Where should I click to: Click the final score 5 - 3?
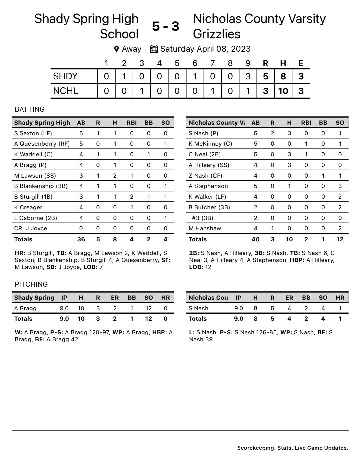pos(166,26)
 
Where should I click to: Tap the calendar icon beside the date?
pos(154,49)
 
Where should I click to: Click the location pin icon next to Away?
pos(116,49)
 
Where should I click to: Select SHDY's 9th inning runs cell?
pos(248,76)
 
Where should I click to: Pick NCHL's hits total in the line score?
pos(283,91)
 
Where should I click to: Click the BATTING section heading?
pos(30,109)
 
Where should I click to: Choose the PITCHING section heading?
pos(31,284)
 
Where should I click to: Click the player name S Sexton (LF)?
pos(33,133)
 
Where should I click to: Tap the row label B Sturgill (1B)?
pos(33,197)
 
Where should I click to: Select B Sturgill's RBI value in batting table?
pos(132,197)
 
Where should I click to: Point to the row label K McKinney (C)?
pos(210,144)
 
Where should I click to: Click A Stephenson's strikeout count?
pos(340,186)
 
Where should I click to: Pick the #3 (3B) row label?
pos(202,218)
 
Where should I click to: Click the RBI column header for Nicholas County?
pos(306,123)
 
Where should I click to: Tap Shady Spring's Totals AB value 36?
pos(81,239)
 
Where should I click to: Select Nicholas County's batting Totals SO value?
pos(340,239)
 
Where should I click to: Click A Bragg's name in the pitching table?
pos(25,308)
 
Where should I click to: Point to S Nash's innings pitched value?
pos(239,308)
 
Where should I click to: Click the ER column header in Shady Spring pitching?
pos(115,298)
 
